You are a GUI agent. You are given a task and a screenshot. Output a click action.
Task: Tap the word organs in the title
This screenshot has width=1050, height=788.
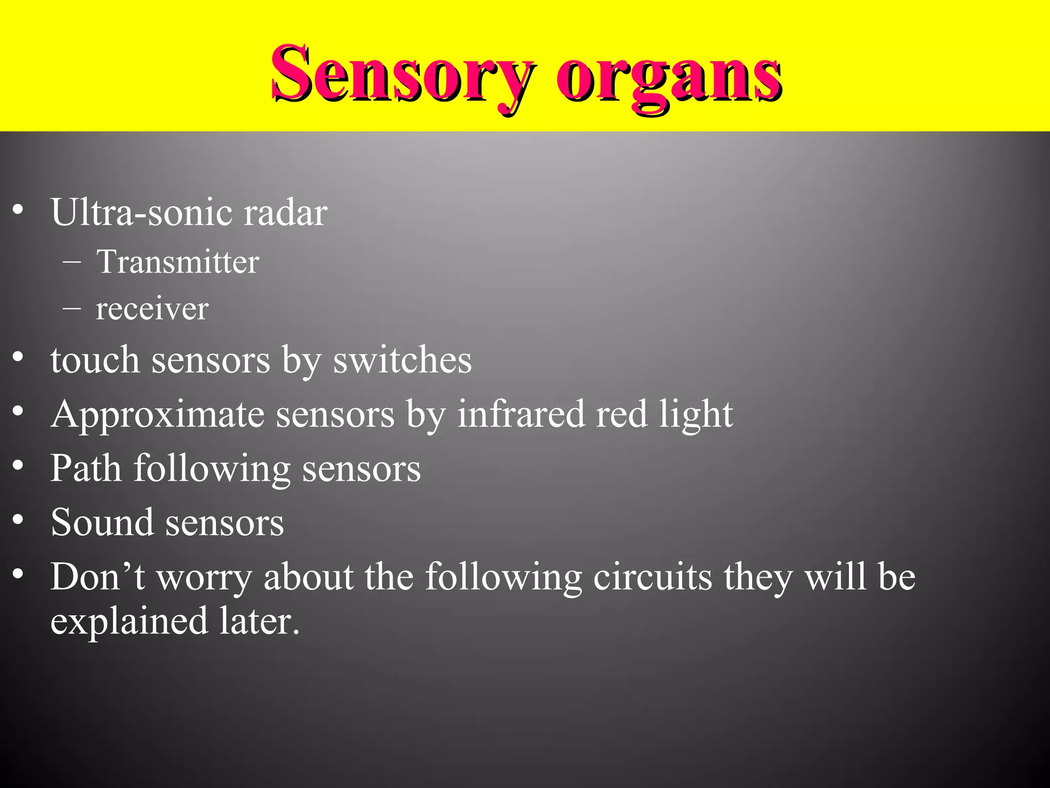point(669,77)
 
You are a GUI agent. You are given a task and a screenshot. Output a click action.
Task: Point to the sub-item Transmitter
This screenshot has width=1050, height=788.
point(177,262)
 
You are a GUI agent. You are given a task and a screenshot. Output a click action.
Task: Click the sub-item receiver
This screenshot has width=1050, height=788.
point(152,309)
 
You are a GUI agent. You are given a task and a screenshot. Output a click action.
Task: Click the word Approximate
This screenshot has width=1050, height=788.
point(157,415)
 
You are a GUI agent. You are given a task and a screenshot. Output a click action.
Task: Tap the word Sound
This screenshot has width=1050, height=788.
point(102,522)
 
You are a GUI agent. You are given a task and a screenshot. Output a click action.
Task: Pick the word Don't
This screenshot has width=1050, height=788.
point(97,577)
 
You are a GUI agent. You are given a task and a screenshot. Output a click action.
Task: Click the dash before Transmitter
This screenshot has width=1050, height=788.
point(71,262)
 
